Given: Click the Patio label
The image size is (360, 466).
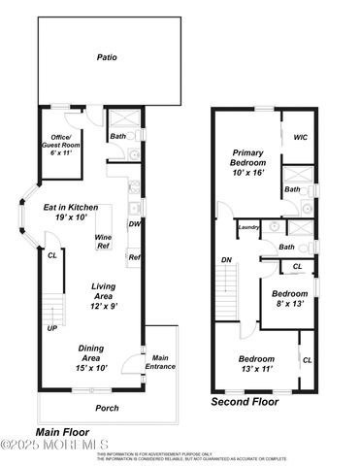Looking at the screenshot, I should [107, 57].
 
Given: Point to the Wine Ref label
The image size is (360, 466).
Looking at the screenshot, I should [102, 242].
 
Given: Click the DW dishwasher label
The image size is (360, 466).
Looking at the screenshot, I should [136, 224].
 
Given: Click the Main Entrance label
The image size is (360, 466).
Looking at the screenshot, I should [160, 363].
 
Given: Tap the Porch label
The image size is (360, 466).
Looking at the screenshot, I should [107, 408].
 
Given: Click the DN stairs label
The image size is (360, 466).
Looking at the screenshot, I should [226, 259].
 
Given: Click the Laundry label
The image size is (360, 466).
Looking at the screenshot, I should [249, 227].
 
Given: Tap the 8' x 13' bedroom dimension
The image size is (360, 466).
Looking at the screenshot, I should [289, 304].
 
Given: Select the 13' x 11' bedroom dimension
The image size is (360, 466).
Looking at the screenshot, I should [257, 370].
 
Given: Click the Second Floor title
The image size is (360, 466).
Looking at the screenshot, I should [245, 401].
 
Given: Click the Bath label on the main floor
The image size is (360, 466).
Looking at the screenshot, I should [117, 137].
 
